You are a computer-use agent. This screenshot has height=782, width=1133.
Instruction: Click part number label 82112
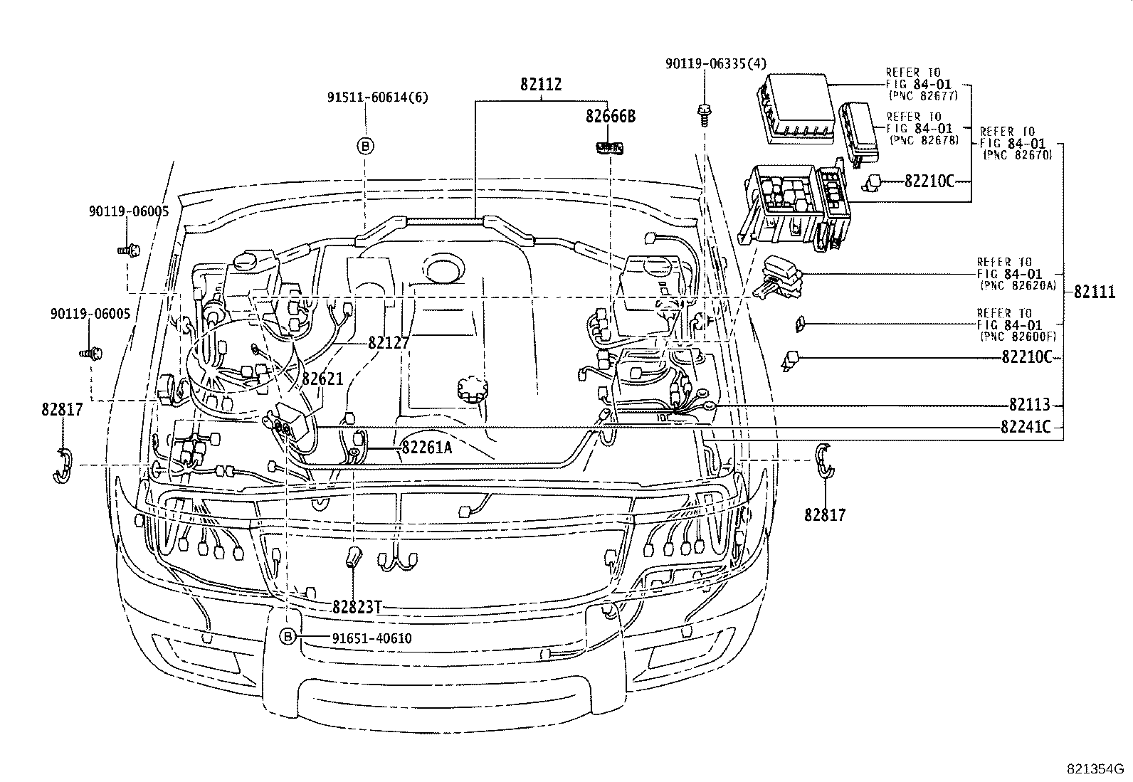pos(540,85)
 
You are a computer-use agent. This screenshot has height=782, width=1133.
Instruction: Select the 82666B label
pos(610,116)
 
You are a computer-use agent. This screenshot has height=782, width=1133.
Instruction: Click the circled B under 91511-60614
pos(364,147)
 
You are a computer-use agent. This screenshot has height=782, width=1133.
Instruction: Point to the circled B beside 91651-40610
pos(288,637)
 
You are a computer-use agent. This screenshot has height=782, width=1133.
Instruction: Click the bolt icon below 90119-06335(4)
pos(703,112)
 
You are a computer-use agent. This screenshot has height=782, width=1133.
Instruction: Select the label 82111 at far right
pos(1094,292)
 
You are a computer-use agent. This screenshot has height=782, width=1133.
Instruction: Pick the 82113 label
pos(1029,405)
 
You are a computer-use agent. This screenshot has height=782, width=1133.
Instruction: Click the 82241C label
pos(1025,427)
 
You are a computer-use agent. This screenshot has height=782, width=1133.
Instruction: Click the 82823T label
pos(357,607)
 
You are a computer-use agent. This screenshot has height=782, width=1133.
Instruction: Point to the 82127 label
pos(389,342)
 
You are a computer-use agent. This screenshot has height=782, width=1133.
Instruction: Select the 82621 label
pos(322,379)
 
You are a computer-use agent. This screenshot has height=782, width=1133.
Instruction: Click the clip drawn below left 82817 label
pos(63,467)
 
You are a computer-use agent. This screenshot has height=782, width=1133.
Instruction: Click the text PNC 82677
pos(922,95)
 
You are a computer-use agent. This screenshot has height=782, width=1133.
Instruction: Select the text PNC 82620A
pos(1018,285)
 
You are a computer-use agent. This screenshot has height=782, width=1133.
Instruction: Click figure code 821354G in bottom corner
pos(1095,768)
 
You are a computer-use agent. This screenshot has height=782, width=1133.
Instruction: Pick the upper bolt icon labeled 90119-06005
pos(127,250)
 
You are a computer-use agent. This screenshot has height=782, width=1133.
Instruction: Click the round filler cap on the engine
pos(470,390)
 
